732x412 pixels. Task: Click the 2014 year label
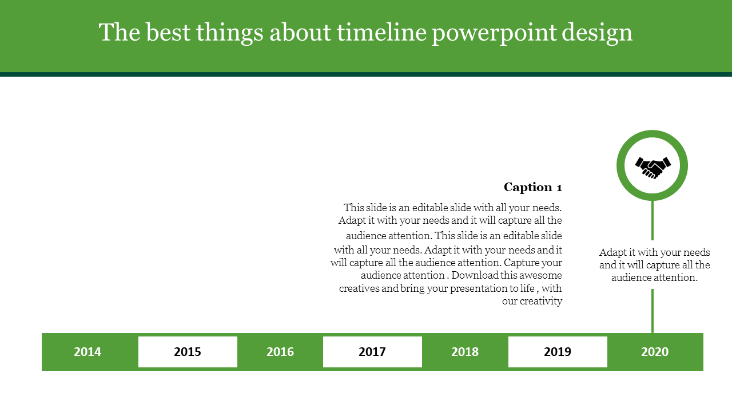tap(87, 352)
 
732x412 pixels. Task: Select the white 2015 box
tap(188, 352)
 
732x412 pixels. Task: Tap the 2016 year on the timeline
tap(280, 352)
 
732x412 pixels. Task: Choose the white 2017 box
tap(372, 352)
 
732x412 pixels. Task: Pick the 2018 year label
tap(465, 352)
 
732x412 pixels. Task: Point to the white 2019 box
tap(558, 352)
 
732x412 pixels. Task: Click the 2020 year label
tap(655, 352)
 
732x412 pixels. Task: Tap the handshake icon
tap(653, 168)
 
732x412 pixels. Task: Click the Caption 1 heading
tap(533, 187)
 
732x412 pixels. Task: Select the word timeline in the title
tap(381, 33)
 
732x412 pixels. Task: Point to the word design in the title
tap(597, 33)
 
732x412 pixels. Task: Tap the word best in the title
tap(168, 33)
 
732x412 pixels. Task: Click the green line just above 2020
tap(653, 311)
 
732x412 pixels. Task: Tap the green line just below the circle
tap(653, 220)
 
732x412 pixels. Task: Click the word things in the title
tap(229, 33)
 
